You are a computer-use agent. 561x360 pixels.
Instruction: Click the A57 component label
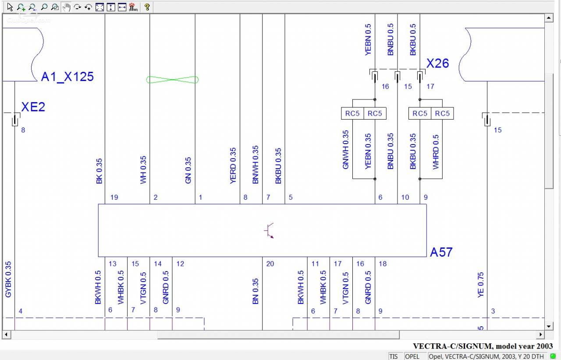coord(441,252)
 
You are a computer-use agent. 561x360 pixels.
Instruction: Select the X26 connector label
coord(437,64)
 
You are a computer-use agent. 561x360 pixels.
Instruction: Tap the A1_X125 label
coord(67,77)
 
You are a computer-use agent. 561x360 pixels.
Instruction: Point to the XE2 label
coord(33,107)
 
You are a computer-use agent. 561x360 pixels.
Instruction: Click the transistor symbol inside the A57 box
coord(269,230)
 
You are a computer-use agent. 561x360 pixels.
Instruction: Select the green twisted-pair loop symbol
coord(172,80)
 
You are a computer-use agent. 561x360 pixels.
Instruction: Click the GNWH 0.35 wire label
coord(345,150)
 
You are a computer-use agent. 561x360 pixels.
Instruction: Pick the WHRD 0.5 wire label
coord(436,152)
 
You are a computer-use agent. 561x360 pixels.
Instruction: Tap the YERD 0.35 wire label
coord(233,166)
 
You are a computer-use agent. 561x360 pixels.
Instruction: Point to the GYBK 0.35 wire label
coord(8,279)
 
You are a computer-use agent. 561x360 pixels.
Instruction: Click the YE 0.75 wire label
coord(480,285)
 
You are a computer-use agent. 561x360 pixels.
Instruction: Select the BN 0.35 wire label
coord(255,291)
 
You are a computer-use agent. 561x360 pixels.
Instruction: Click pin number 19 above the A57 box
coord(114,197)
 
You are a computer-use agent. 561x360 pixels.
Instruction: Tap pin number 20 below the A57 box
coord(270,264)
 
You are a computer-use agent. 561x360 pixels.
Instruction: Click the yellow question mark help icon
coord(147,7)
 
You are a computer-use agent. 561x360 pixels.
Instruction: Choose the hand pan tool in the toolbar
coord(66,7)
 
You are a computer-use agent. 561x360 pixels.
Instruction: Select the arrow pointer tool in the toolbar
coord(10,7)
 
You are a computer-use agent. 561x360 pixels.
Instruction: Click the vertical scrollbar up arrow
coord(549,18)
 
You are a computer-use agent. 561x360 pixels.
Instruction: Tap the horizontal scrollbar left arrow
coord(7,335)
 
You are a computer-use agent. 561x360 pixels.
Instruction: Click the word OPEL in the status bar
coord(412,356)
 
